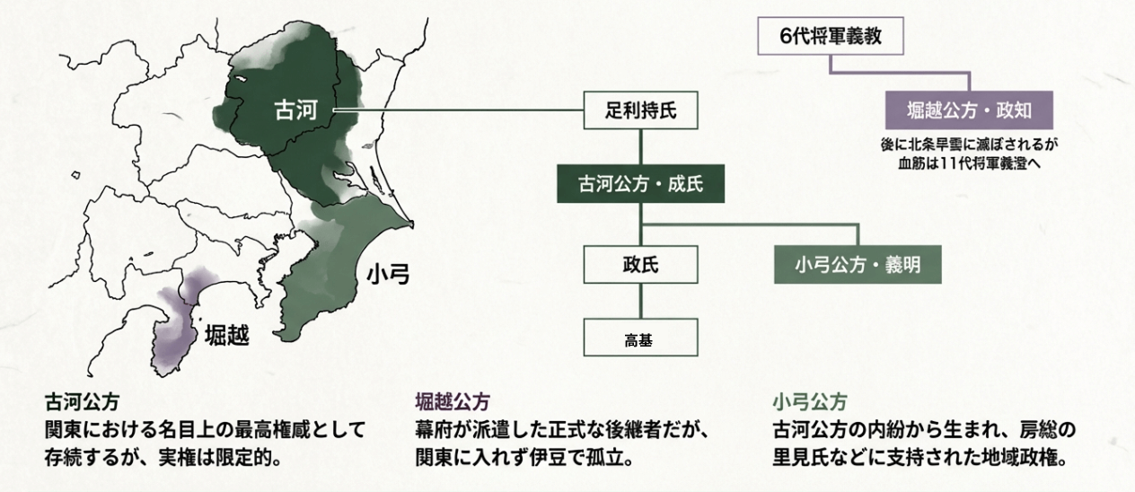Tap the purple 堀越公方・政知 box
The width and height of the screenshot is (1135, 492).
click(x=968, y=112)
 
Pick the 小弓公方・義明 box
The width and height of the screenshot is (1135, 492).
click(x=857, y=265)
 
